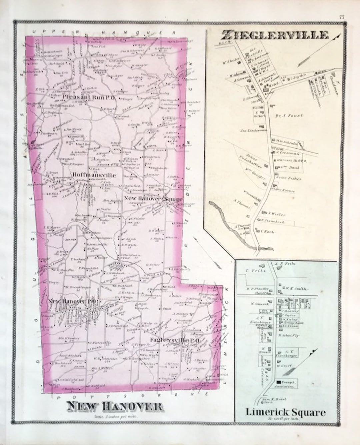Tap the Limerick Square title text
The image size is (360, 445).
click(x=285, y=412)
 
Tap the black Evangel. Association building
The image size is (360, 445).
click(x=278, y=382)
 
